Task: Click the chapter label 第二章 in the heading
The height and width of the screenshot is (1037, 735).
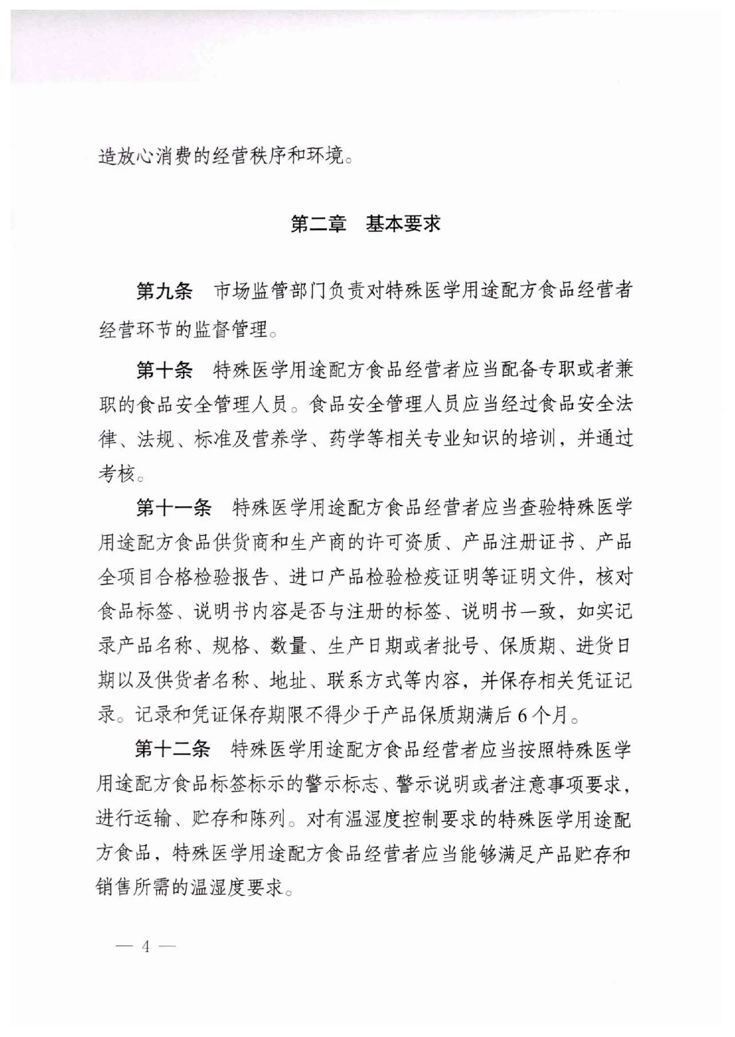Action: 318,224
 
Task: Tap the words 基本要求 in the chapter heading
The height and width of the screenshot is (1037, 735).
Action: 403,224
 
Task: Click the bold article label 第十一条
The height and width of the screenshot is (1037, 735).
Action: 173,507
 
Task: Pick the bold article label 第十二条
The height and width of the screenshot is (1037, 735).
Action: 173,749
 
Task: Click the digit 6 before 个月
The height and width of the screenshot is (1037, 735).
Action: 522,716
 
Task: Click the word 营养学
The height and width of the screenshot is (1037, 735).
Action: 280,440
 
